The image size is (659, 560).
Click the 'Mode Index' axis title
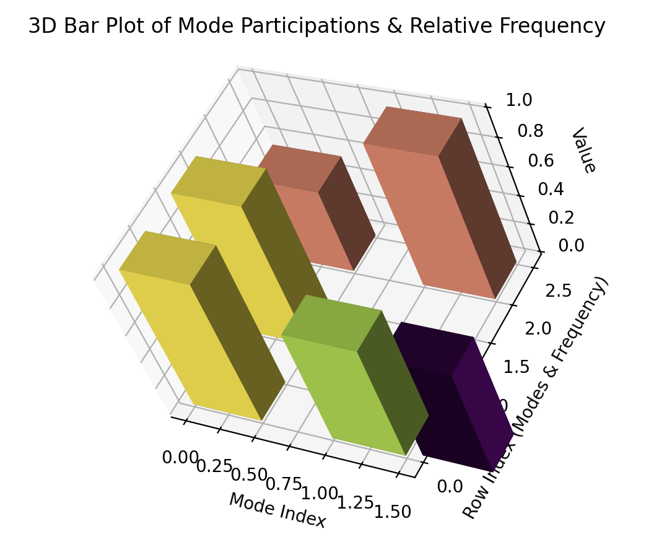click(277, 510)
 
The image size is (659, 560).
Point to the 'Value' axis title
click(583, 151)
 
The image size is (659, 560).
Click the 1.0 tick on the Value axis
click(519, 100)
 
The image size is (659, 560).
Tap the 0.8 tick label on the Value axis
click(530, 131)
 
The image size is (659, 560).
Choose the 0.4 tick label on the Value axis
click(551, 189)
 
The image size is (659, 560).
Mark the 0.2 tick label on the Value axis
click(561, 218)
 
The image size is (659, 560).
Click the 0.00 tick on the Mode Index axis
click(180, 458)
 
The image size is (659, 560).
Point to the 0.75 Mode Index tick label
click(284, 484)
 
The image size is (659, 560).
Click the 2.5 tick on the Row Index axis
click(558, 291)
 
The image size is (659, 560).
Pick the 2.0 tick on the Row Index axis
click(538, 328)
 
